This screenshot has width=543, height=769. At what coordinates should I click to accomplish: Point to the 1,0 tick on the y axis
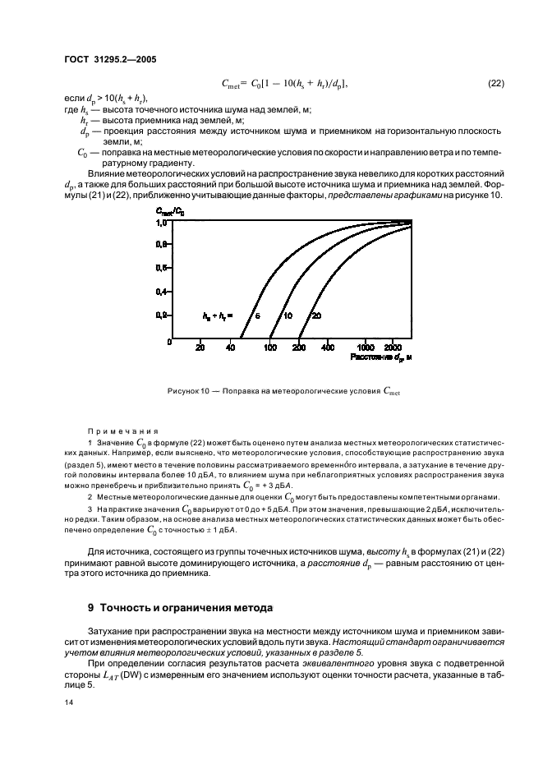(x=162, y=222)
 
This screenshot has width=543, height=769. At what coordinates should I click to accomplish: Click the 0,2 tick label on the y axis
(x=162, y=315)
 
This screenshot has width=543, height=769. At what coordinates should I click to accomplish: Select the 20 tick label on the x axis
(x=200, y=348)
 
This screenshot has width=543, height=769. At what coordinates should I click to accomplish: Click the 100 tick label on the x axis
(x=270, y=348)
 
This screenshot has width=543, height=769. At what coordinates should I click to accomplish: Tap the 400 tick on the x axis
(x=328, y=348)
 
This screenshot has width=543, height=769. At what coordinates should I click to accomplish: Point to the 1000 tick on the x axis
(x=366, y=348)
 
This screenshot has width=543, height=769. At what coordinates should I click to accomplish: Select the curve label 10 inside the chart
(x=288, y=315)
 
